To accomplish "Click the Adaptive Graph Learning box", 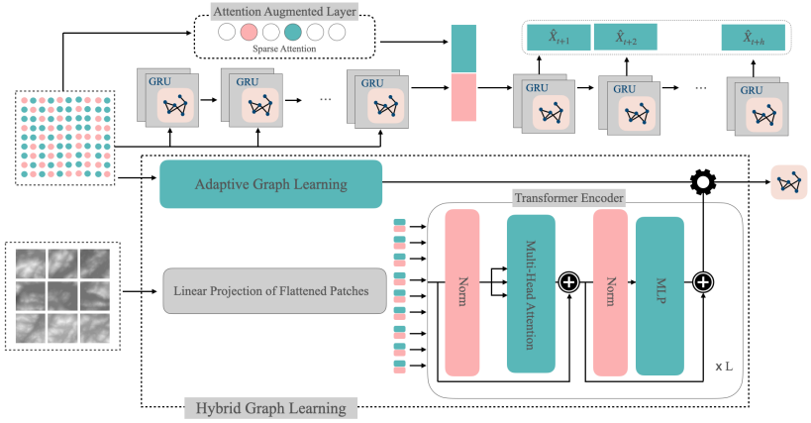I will point(270,184).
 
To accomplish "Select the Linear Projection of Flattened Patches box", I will point(273,292).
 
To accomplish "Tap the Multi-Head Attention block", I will point(531,293).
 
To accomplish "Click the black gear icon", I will point(703,184).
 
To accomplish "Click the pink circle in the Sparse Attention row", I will point(250,33).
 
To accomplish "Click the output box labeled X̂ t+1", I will point(558,39).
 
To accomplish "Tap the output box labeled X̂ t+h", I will point(757,39).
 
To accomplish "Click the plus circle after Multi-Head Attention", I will point(570,281).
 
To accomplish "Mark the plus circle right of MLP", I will point(703,281).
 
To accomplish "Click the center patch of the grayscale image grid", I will point(64,293).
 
